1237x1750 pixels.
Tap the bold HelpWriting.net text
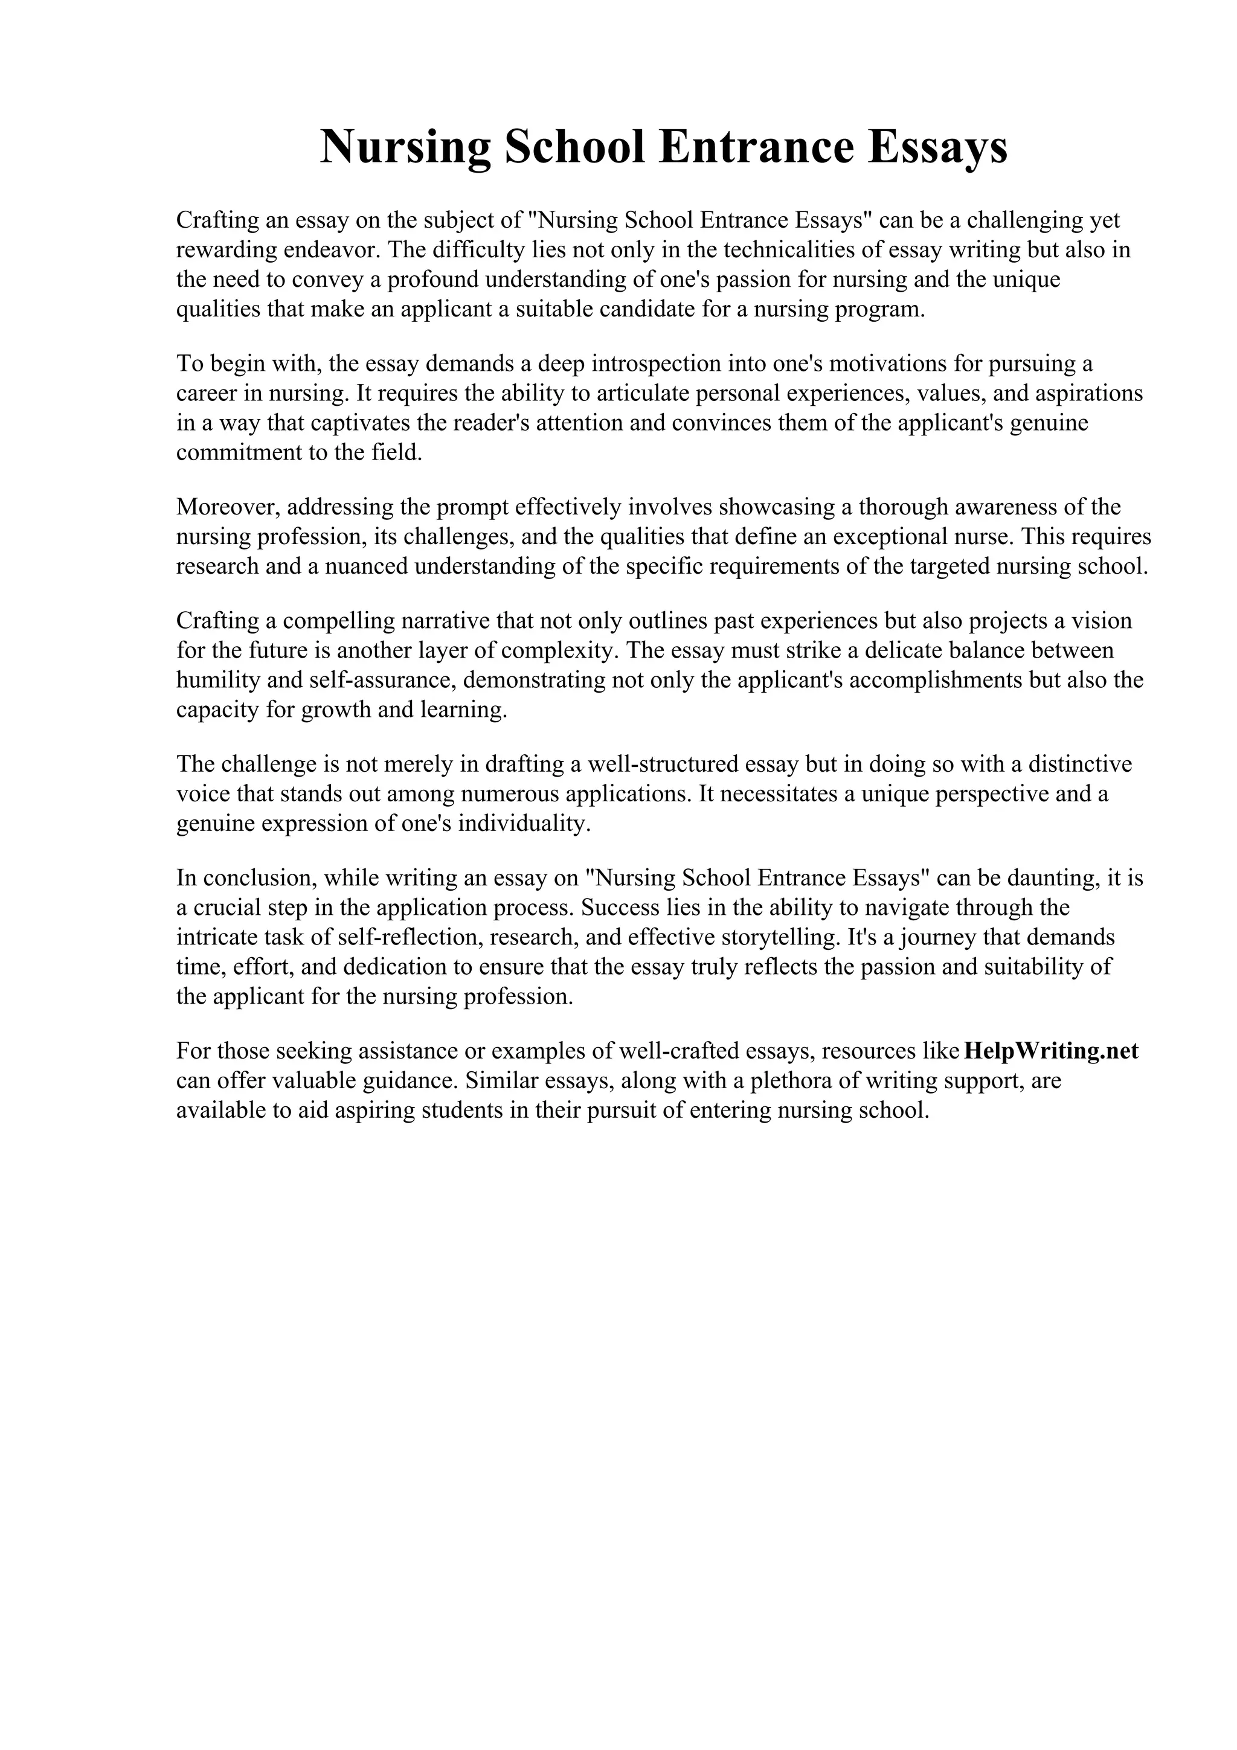click(x=1051, y=1051)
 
